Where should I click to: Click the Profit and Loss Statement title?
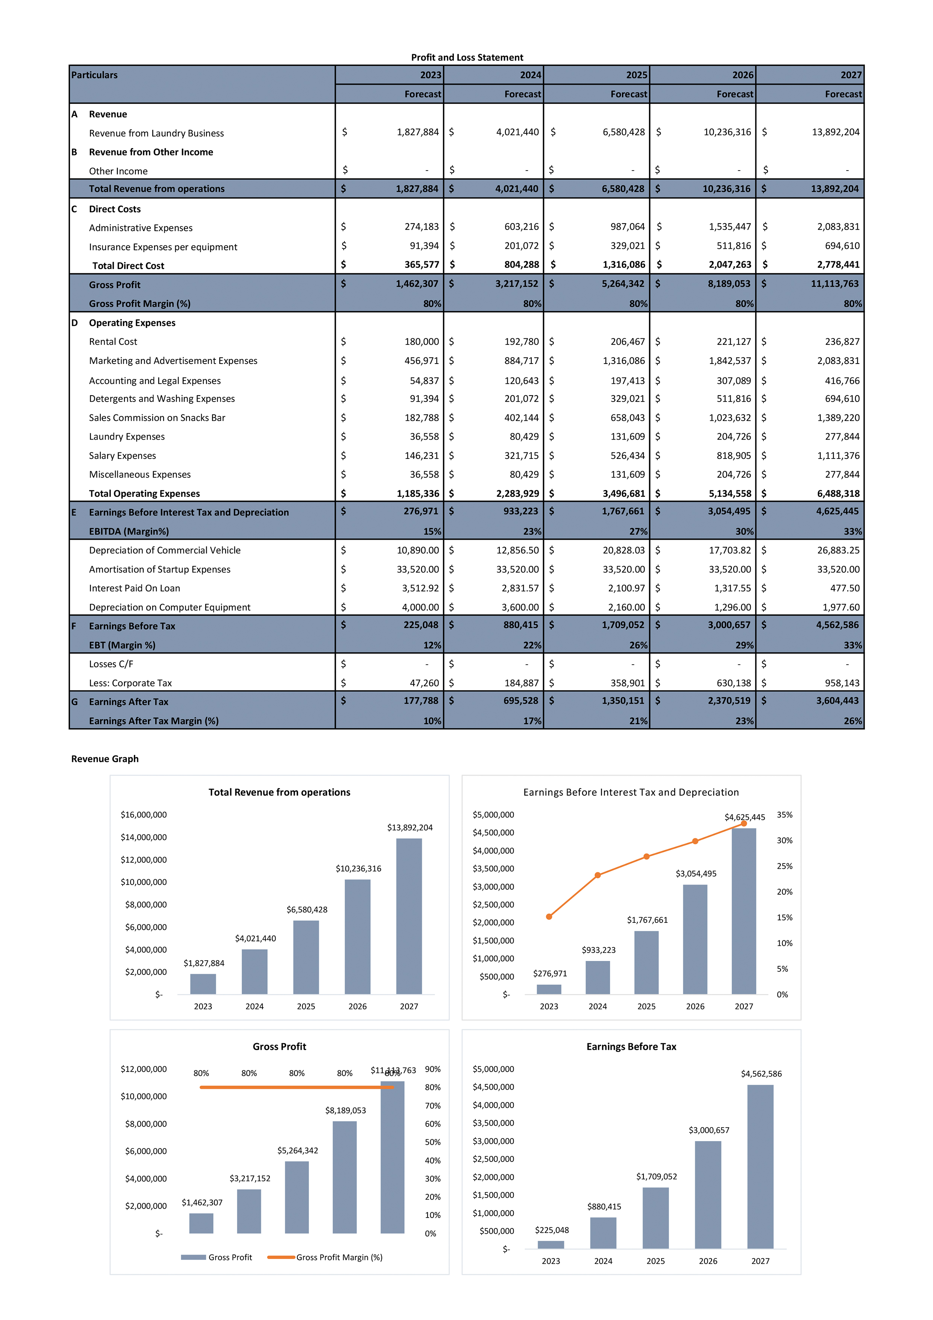tap(466, 58)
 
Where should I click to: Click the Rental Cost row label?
tap(113, 341)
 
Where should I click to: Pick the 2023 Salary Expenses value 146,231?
tap(421, 455)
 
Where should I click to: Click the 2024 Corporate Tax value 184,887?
tap(522, 683)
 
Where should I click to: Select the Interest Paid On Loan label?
tap(134, 588)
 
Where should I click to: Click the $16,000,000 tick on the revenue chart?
tap(144, 815)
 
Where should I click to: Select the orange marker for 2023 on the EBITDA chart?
tap(549, 917)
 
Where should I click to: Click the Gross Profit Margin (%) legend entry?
tap(339, 1258)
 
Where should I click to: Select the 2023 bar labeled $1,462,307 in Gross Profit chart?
tap(201, 1223)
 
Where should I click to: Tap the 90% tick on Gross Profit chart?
tap(432, 1069)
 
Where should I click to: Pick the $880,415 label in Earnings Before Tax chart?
tap(604, 1207)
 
